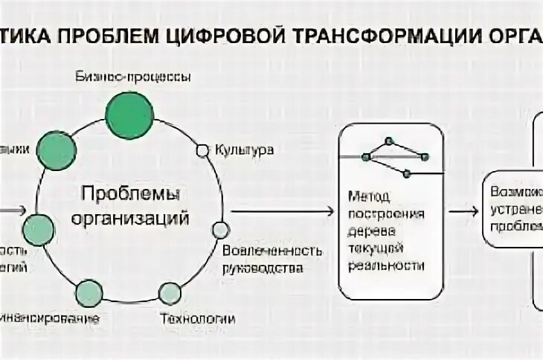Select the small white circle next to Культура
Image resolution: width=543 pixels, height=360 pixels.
202,150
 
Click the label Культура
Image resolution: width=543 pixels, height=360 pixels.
245,150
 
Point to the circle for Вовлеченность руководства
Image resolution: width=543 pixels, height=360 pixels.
220,230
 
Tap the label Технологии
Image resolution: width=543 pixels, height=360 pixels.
198,320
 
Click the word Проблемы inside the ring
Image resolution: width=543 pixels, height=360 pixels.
130,196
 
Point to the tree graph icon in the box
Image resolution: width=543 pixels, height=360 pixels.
395,156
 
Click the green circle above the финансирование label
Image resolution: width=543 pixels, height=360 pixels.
89,294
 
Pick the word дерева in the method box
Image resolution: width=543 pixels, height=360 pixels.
377,231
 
